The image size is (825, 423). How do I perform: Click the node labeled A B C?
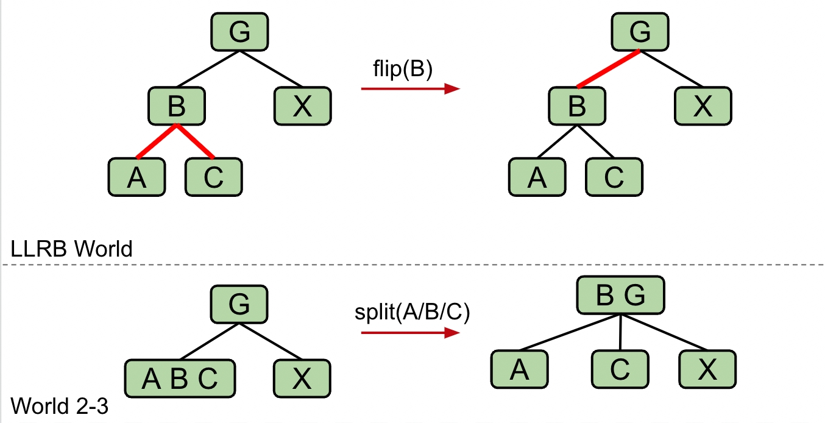tap(180, 379)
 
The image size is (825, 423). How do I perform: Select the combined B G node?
tap(620, 297)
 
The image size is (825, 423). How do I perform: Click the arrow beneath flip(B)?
tap(409, 89)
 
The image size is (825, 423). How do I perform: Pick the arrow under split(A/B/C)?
tap(409, 333)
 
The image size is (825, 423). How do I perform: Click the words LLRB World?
tap(72, 249)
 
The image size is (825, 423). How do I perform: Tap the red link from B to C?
tap(196, 141)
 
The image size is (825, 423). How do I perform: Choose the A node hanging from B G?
tap(519, 369)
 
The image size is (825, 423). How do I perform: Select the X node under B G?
tap(707, 369)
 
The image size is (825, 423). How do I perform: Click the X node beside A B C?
tap(302, 379)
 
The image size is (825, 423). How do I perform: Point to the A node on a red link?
tap(137, 177)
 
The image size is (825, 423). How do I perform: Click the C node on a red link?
tap(213, 177)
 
